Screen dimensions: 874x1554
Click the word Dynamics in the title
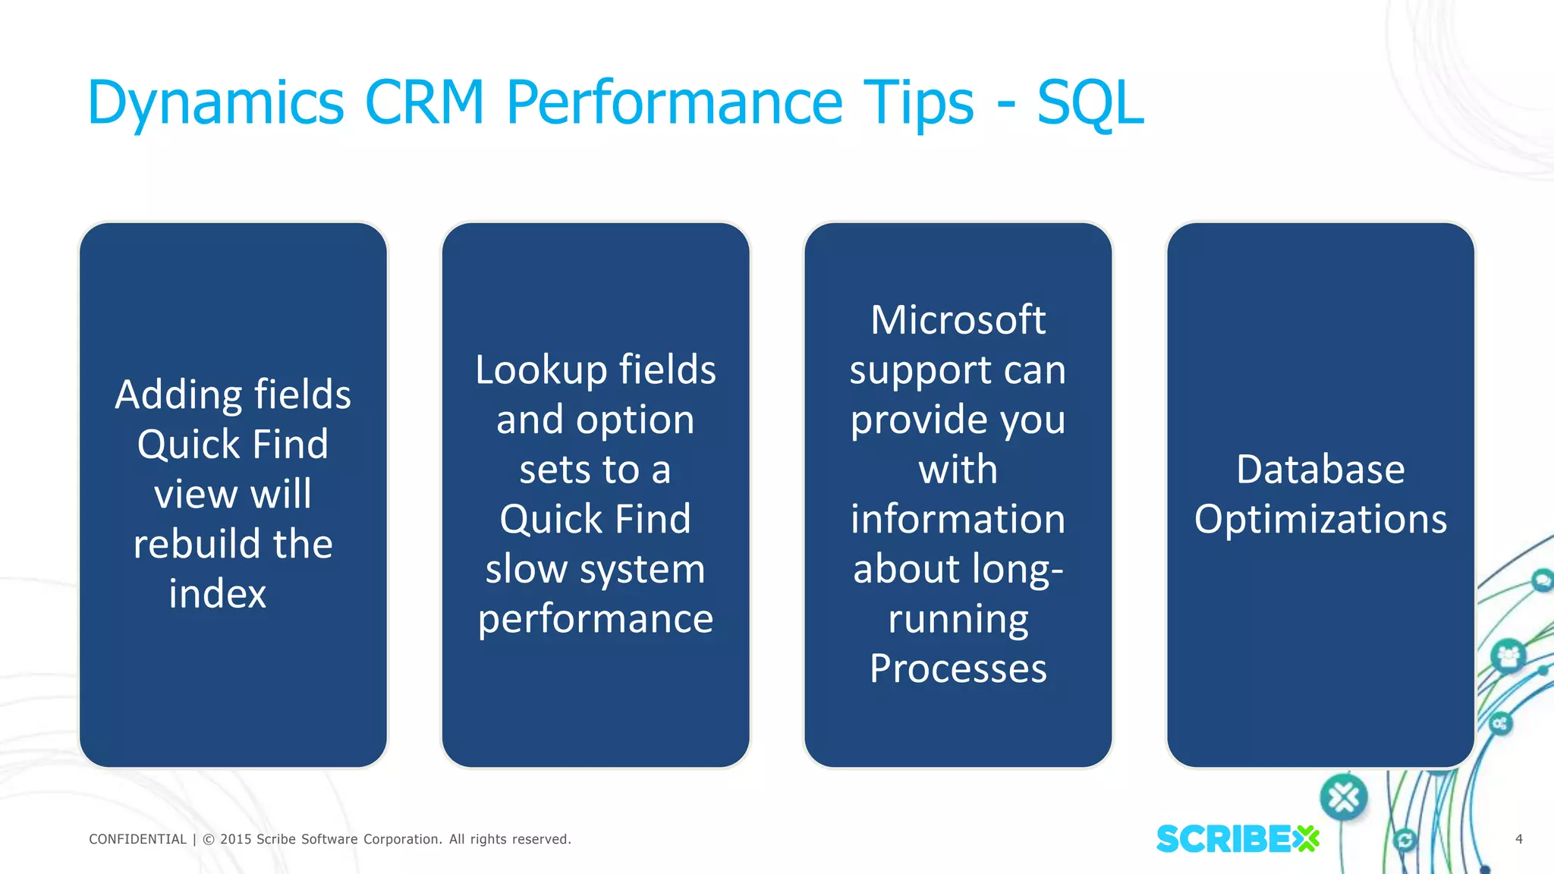216,103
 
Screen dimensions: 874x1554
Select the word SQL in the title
1090,103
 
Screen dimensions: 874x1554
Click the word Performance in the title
674,103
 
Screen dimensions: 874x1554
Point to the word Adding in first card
179,395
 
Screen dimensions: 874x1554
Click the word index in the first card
217,593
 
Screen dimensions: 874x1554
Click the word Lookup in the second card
540,370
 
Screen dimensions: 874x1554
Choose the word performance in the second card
596,619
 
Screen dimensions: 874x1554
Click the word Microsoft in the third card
958,320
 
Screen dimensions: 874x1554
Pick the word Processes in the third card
958,669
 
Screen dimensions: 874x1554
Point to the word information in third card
958,520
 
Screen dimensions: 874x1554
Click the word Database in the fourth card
1320,470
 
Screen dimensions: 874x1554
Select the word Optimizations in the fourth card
1320,520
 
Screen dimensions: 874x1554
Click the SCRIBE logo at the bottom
1237,839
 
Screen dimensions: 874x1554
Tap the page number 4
1518,839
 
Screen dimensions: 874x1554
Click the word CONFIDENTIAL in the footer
137,839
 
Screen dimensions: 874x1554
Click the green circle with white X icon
1344,797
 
